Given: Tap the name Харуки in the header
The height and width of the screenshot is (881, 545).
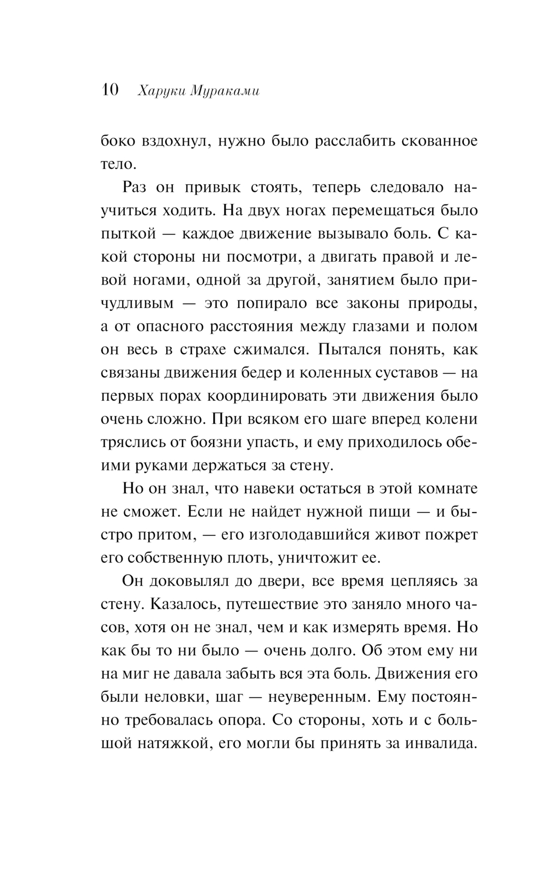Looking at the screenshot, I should tap(155, 91).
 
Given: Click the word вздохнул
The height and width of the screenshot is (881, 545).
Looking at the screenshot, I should tap(171, 141).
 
